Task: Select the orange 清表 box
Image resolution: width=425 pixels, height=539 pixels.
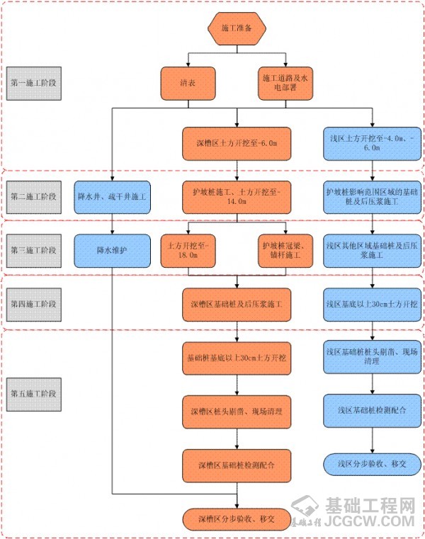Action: pos(188,82)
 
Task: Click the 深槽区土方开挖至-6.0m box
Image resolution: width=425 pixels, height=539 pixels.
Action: pos(235,143)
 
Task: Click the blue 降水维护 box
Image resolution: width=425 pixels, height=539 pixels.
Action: pos(113,249)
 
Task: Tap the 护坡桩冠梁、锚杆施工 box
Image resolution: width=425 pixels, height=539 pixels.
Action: pos(283,249)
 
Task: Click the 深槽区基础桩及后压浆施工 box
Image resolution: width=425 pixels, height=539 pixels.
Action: pos(235,305)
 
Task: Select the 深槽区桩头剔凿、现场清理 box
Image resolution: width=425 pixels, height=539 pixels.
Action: pos(235,411)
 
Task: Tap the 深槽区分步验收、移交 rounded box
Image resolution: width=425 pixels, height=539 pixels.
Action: pos(235,518)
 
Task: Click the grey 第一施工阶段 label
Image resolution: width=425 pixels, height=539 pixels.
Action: pos(34,83)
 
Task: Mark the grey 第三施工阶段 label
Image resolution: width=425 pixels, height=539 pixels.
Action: pos(34,249)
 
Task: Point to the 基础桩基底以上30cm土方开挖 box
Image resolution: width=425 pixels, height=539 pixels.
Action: pos(235,358)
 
